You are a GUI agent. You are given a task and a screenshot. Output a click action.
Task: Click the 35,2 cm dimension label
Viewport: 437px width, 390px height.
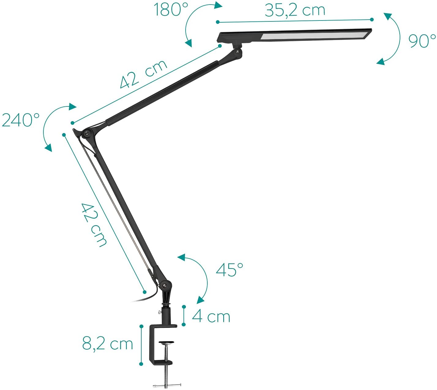[295, 10]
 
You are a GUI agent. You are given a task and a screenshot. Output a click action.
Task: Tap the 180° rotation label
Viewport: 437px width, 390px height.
[171, 10]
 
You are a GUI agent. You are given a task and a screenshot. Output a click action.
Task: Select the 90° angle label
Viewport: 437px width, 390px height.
[422, 41]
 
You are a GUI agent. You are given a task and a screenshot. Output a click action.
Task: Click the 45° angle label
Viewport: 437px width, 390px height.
[229, 270]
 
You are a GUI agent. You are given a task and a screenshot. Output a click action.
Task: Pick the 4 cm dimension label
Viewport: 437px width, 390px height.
[211, 317]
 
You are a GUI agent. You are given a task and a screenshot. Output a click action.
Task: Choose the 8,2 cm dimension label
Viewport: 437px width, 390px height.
[107, 344]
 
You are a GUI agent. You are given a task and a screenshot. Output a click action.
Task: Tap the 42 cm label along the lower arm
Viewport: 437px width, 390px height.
[94, 225]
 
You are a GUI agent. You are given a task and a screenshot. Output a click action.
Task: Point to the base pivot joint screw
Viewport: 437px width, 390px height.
[165, 285]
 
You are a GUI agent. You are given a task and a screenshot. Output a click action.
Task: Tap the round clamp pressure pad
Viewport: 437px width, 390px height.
[167, 343]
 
